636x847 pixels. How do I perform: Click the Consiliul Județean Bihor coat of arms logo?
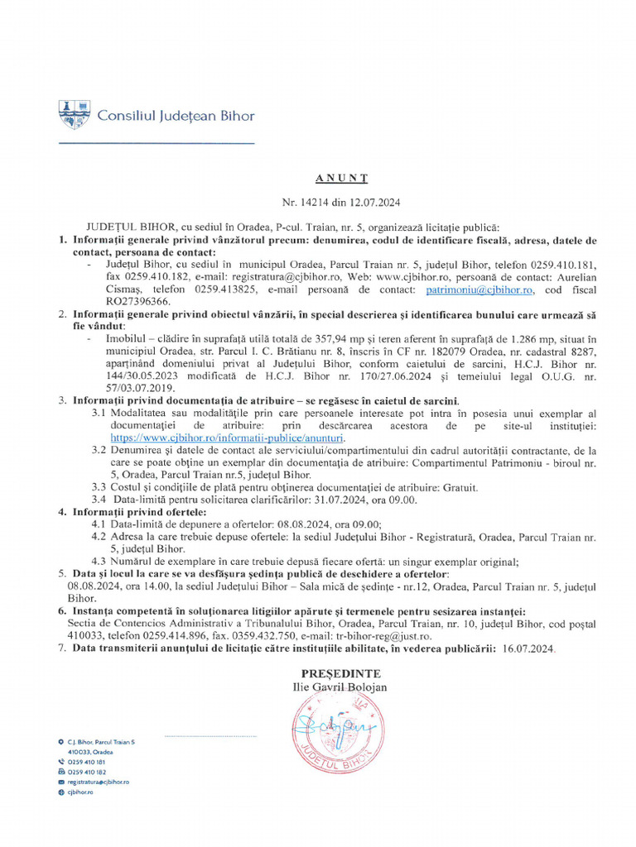(74, 114)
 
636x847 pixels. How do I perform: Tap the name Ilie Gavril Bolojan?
(340, 687)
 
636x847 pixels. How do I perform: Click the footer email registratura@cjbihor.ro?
(98, 782)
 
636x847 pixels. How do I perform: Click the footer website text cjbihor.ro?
(80, 792)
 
